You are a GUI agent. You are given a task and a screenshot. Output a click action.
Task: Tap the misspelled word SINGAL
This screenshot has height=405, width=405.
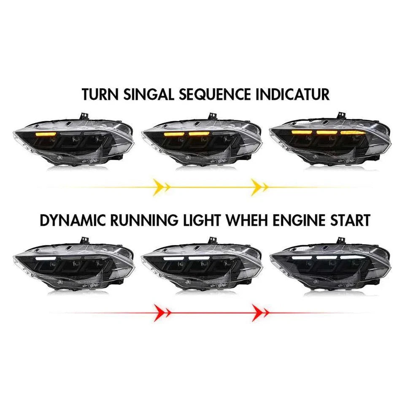coord(148,94)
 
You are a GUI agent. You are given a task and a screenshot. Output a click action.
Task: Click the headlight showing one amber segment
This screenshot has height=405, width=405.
coord(74,141)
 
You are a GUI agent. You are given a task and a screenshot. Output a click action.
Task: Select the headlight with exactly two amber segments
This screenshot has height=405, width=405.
coord(202,141)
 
